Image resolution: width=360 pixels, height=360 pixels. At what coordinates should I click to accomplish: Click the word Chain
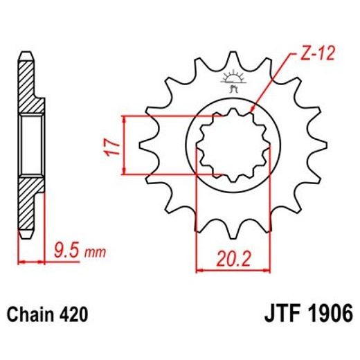pyautogui.click(x=31, y=315)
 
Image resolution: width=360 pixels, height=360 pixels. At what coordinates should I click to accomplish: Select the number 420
pyautogui.click(x=73, y=315)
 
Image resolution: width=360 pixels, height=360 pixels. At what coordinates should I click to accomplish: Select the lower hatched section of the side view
pyautogui.click(x=26, y=204)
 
